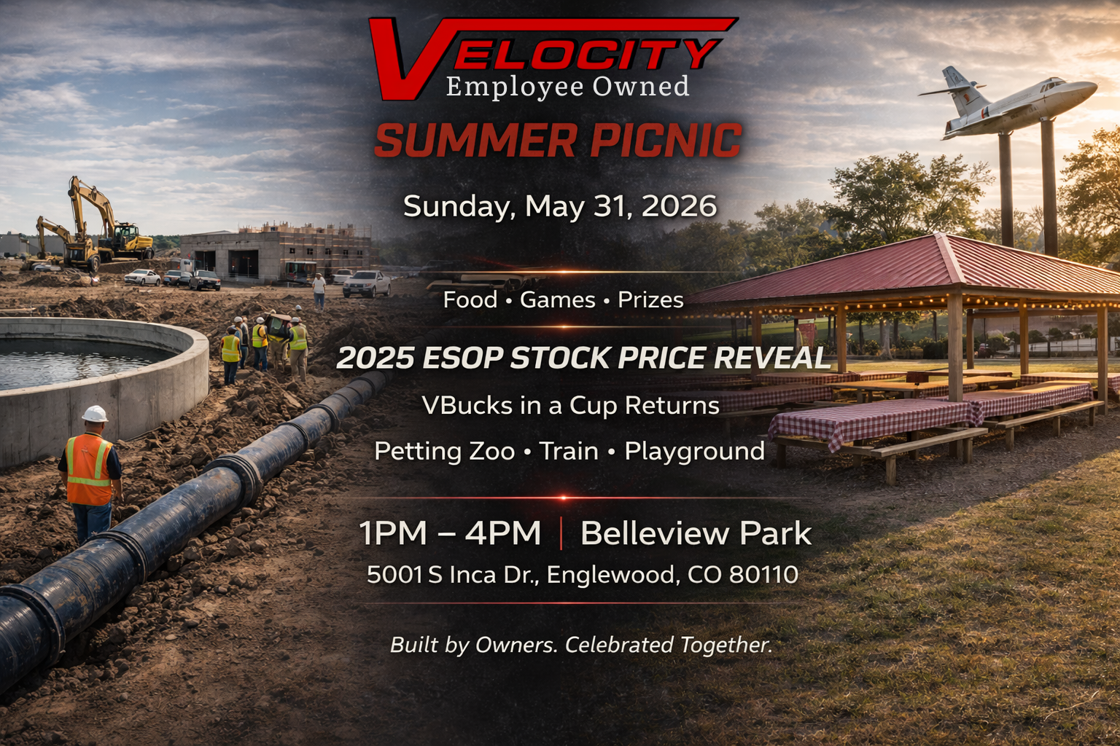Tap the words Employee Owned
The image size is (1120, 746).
[x=567, y=87]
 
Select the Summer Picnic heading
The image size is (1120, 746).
[x=558, y=141]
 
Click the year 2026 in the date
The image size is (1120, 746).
[x=679, y=206]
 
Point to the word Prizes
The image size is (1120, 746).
[x=650, y=299]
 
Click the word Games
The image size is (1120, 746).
[x=557, y=299]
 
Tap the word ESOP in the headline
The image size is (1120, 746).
[x=462, y=358]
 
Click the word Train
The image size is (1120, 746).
[x=569, y=452]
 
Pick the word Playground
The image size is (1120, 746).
[x=694, y=452]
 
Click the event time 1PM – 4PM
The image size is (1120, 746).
[x=450, y=533]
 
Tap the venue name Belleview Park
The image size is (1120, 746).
[x=696, y=533]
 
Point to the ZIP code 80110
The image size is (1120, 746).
[x=763, y=575]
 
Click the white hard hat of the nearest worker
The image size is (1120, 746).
[x=95, y=414]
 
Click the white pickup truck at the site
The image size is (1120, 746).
[x=367, y=283]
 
